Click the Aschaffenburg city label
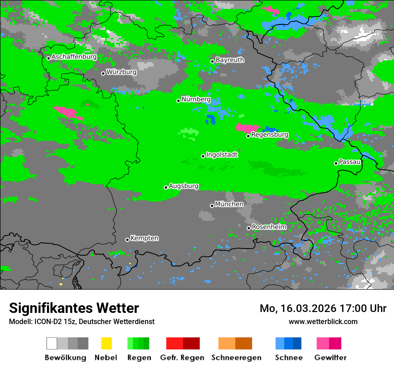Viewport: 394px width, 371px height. [x=74, y=57]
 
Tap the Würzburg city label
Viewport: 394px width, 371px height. [x=121, y=72]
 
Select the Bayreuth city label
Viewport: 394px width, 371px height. [x=230, y=60]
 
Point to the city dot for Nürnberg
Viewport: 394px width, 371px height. [x=178, y=101]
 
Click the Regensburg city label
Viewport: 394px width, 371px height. [x=270, y=135]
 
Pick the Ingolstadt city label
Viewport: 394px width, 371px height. [x=222, y=155]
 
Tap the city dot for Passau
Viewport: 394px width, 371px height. [x=336, y=163]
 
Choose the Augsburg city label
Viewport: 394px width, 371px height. [x=184, y=186]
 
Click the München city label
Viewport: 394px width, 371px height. [x=229, y=204]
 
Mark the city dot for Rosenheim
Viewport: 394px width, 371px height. [x=248, y=228]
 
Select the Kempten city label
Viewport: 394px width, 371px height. [x=144, y=238]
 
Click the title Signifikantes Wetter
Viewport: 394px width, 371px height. [x=74, y=308]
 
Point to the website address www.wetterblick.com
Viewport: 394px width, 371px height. [x=323, y=321]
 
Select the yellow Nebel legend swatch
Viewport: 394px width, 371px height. [x=106, y=343]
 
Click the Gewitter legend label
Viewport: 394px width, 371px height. [x=330, y=358]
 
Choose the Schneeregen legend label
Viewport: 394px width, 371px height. [x=236, y=358]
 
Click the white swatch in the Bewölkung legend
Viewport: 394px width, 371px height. [x=51, y=343]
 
